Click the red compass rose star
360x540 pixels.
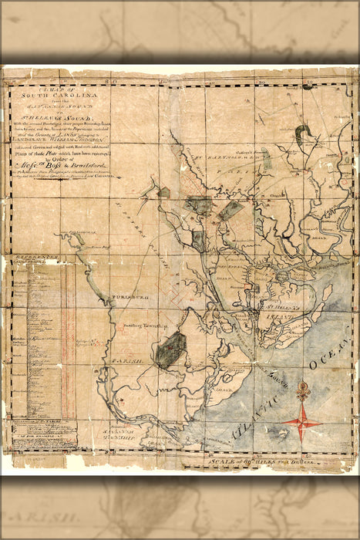point(302,420)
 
